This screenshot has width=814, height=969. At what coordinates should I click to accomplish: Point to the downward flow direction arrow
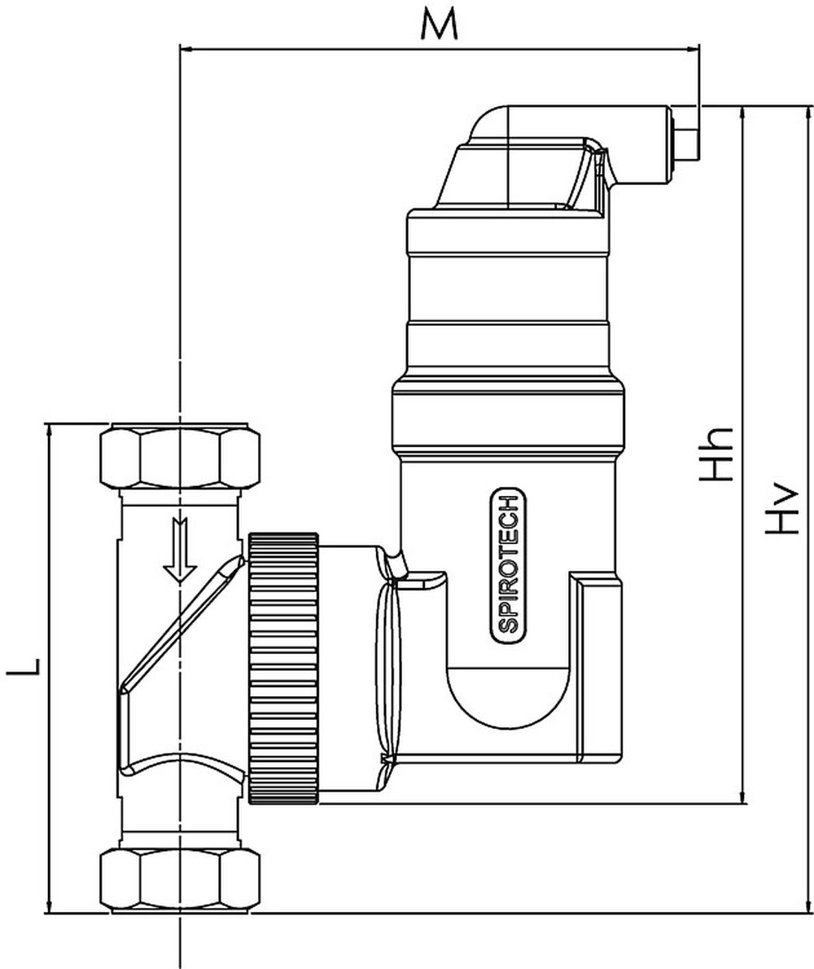pos(178,554)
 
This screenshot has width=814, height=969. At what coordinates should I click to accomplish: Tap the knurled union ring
pos(282,668)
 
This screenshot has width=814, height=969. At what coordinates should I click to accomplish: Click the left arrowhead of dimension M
pos(186,49)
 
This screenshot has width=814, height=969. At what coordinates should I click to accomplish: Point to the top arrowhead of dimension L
pos(50,431)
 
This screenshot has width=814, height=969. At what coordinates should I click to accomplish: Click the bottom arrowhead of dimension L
pos(50,905)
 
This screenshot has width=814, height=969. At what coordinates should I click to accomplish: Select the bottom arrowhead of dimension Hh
pos(742,797)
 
